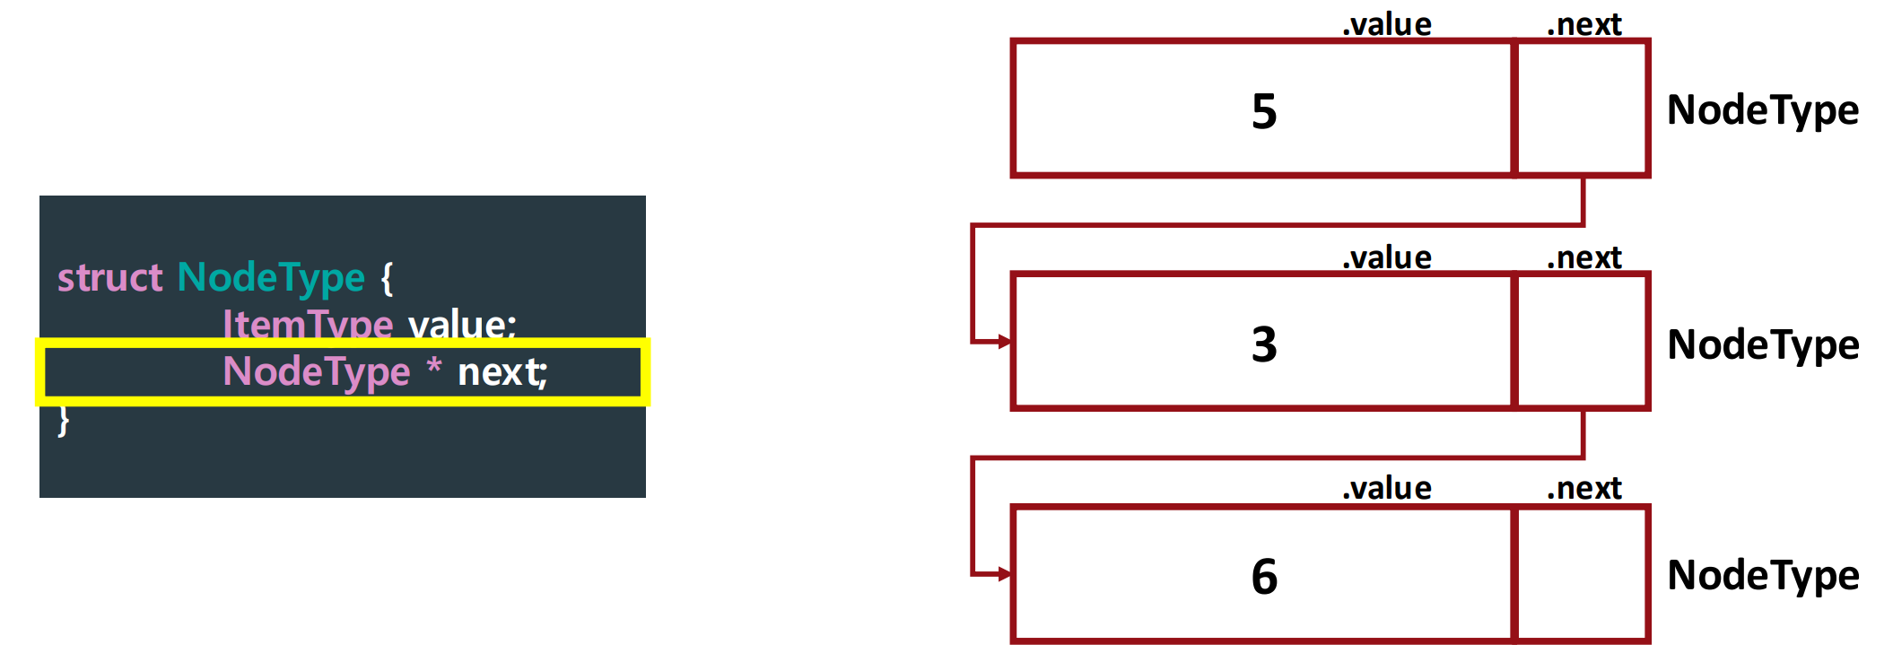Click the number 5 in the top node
[x=1263, y=111]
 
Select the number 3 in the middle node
[x=1263, y=344]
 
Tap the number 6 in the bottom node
[x=1263, y=576]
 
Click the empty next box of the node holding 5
[x=1583, y=109]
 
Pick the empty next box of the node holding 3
[x=1583, y=342]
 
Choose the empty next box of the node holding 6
[x=1583, y=575]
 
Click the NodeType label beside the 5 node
[x=1762, y=111]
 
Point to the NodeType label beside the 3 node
[x=1762, y=345]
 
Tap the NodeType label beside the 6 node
[x=1762, y=576]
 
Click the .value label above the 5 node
[x=1387, y=24]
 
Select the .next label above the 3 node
[x=1584, y=258]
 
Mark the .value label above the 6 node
[x=1387, y=489]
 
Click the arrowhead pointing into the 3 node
[x=1005, y=342]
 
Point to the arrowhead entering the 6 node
[x=1005, y=574]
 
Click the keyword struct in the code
[x=109, y=278]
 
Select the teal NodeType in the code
[x=271, y=278]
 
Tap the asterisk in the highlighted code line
[x=434, y=367]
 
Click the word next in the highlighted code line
[x=501, y=372]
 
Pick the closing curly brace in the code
[x=64, y=420]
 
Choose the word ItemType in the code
[x=308, y=324]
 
